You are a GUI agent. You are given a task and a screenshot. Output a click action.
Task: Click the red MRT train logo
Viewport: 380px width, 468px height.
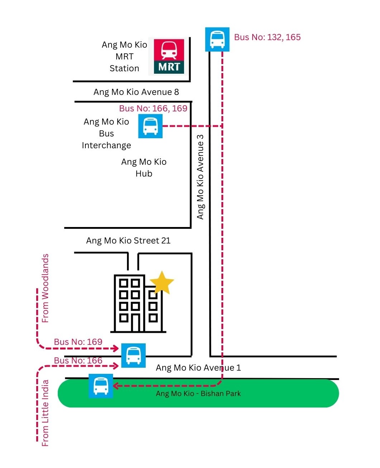(x=169, y=56)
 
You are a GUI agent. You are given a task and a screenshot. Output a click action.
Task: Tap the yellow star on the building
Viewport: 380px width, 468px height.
(x=162, y=283)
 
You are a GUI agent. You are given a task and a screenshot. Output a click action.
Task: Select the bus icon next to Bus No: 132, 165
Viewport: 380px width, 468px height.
(x=217, y=39)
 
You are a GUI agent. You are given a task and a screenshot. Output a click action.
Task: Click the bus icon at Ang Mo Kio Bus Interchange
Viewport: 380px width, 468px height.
(x=150, y=126)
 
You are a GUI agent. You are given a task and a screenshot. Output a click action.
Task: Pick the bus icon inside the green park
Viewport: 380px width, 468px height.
(x=101, y=386)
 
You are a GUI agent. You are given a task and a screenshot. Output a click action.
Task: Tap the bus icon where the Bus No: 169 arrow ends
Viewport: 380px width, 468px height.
(x=133, y=355)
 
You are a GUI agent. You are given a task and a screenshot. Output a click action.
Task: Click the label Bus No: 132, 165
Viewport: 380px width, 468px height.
(x=267, y=37)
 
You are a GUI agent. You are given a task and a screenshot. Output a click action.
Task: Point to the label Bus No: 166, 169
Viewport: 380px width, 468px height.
(x=153, y=108)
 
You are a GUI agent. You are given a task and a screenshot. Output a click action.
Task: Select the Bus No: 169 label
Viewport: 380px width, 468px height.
(x=78, y=342)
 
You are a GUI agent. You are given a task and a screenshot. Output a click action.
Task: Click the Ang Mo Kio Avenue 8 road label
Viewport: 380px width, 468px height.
(x=136, y=92)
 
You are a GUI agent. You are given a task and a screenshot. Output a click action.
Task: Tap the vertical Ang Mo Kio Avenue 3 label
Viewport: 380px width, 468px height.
(x=200, y=177)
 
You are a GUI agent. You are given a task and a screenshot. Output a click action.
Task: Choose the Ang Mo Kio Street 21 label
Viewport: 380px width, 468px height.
(x=128, y=241)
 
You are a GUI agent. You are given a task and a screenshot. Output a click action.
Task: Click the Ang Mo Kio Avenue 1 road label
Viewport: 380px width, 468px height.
(x=198, y=368)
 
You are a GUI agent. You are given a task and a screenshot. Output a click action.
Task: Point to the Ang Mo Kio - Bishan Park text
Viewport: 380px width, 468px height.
(x=198, y=394)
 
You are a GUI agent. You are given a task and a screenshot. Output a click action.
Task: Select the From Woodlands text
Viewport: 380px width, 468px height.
(x=45, y=288)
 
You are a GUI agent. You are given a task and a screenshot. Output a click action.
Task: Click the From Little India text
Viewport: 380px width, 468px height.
(x=45, y=413)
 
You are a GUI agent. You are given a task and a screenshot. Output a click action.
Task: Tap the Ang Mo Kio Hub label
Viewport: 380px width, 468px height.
(x=144, y=168)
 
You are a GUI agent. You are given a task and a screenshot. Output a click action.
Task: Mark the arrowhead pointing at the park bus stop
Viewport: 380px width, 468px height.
(x=116, y=386)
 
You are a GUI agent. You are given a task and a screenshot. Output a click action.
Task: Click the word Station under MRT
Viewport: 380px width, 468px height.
(x=124, y=68)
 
